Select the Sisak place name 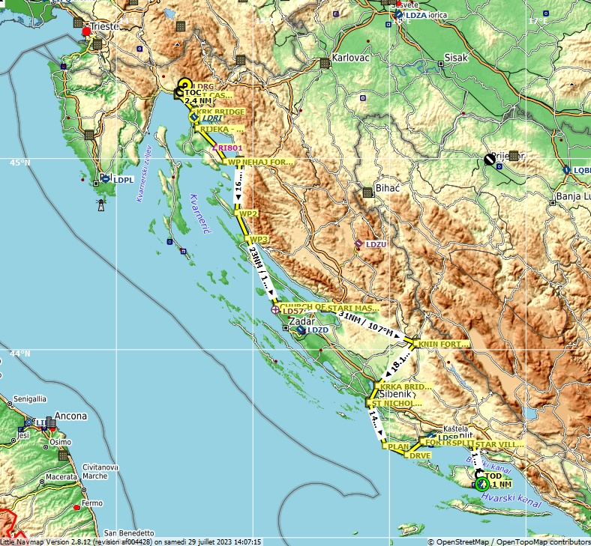[456, 58]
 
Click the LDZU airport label [376, 244]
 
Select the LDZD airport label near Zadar [318, 330]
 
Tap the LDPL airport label [123, 180]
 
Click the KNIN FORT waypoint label [443, 344]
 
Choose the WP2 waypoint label [248, 213]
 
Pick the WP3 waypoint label [259, 239]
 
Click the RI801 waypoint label [230, 148]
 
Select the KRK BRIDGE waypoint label [220, 112]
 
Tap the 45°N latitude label [20, 163]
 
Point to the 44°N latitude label [20, 354]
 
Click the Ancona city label [71, 416]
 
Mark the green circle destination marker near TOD [481, 484]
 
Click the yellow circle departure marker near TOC [184, 85]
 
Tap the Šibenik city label [394, 394]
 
